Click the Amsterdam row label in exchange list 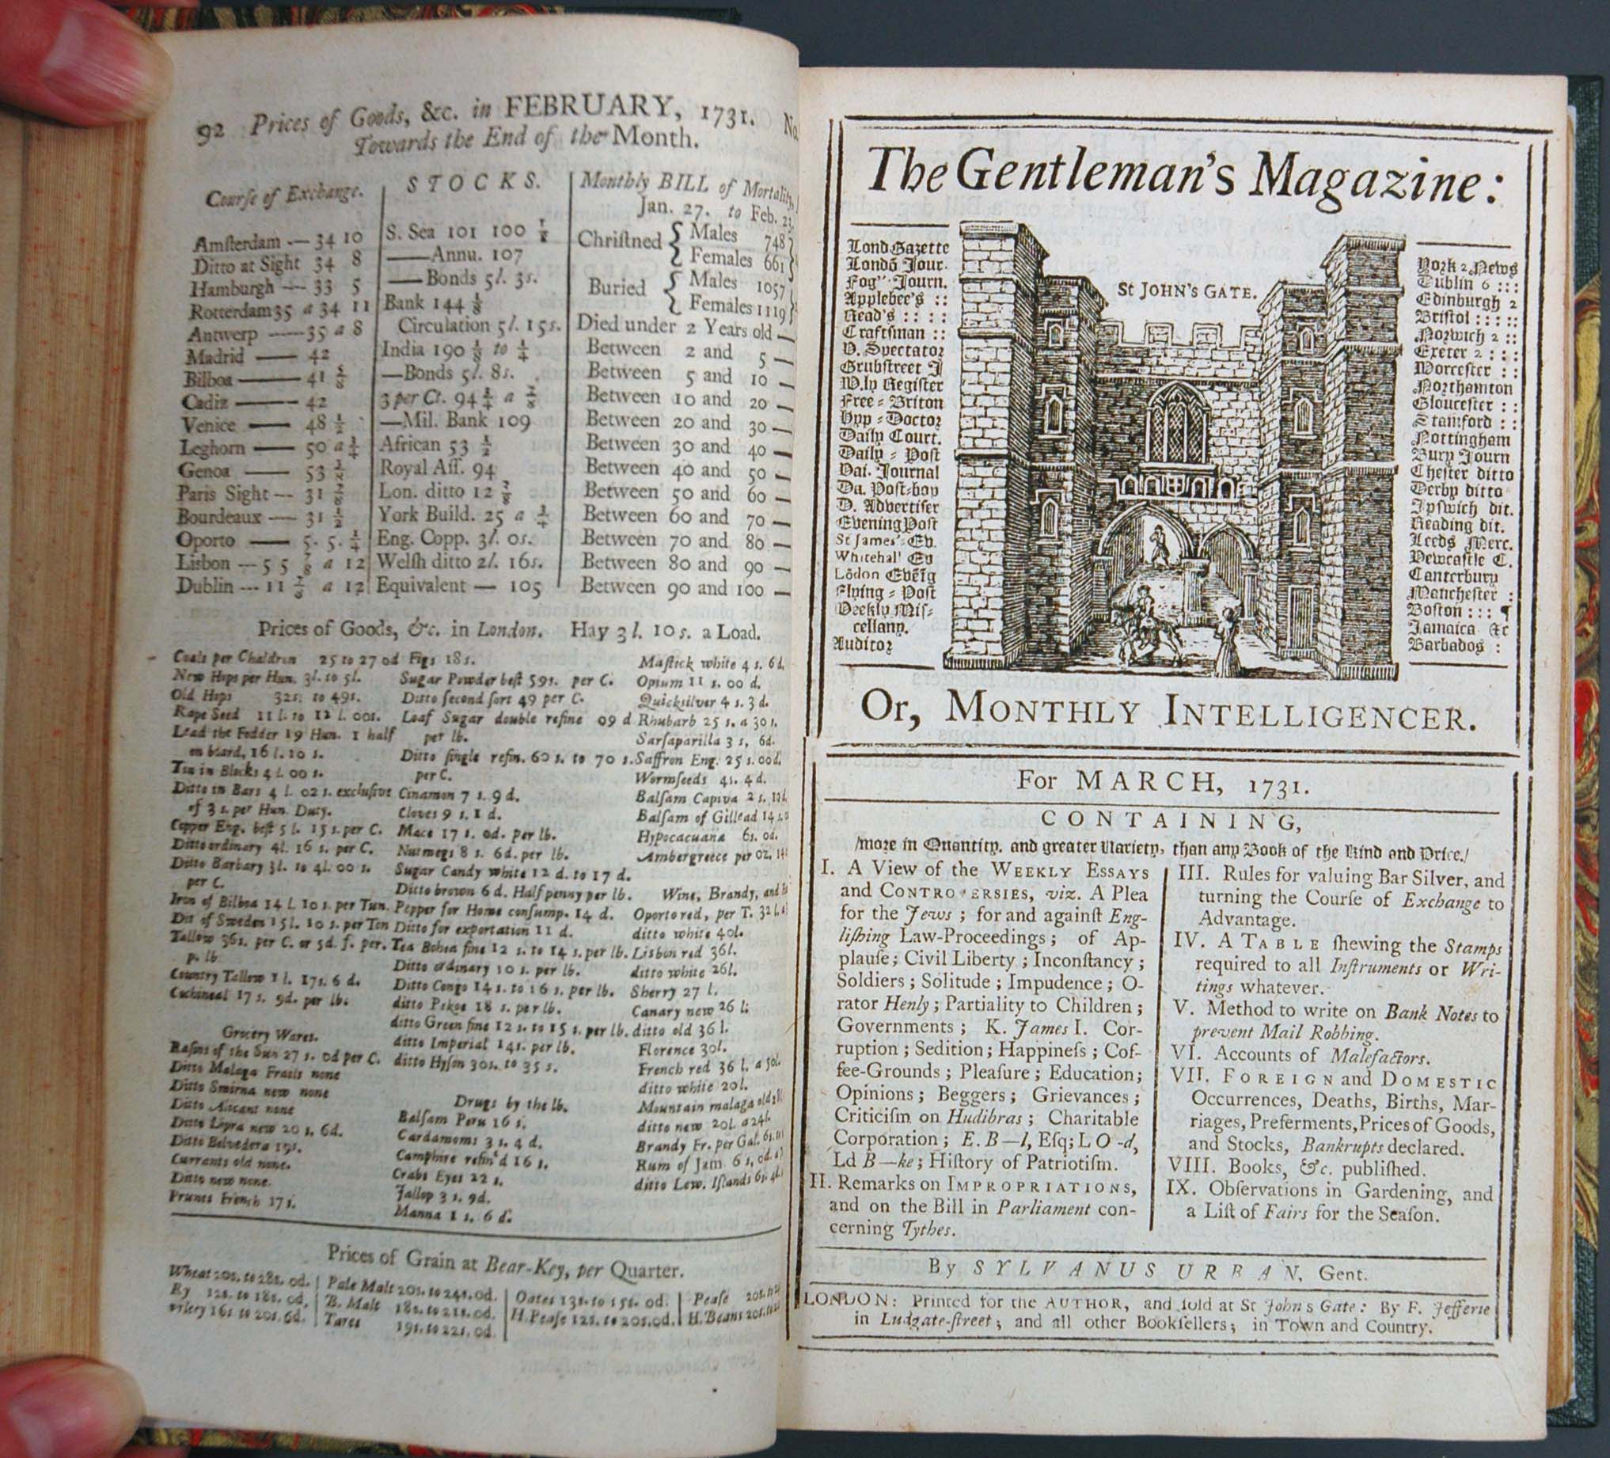coord(237,242)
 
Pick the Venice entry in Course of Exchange coord(208,426)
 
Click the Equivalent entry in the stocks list coord(421,585)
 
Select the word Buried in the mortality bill coord(617,287)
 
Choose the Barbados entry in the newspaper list coord(1446,645)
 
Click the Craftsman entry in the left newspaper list coord(887,332)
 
